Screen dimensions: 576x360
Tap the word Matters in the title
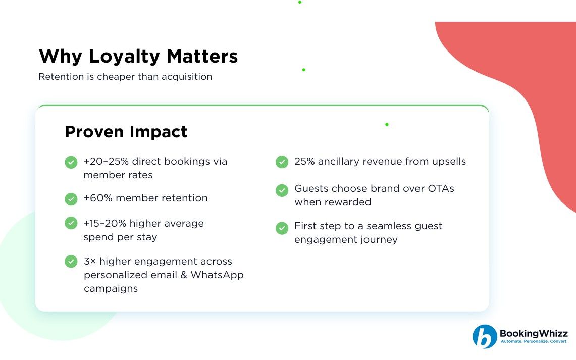click(x=202, y=56)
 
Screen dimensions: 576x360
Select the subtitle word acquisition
click(x=187, y=77)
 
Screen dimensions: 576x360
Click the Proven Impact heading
click(x=126, y=131)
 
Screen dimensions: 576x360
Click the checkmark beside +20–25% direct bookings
click(x=71, y=162)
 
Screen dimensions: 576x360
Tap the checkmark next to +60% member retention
click(x=71, y=199)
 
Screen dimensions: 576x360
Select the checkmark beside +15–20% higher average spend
click(x=71, y=223)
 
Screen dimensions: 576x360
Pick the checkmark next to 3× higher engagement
click(x=71, y=261)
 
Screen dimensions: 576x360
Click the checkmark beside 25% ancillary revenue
click(x=282, y=162)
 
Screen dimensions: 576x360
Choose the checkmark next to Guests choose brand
click(x=282, y=190)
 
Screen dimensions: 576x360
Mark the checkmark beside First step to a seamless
click(x=282, y=228)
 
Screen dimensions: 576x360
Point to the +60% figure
click(x=98, y=198)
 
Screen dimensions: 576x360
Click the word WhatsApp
click(x=217, y=275)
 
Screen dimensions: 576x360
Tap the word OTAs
click(x=441, y=188)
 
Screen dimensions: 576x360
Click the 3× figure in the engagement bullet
click(x=90, y=261)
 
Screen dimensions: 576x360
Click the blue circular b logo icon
click(x=485, y=336)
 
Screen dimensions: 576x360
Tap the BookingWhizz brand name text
click(x=534, y=333)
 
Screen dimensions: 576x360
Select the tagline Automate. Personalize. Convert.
click(x=534, y=342)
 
